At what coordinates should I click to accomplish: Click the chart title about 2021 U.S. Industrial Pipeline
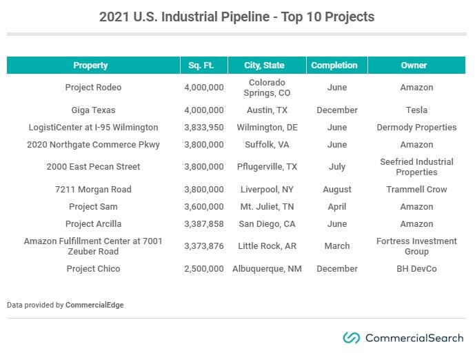point(236,17)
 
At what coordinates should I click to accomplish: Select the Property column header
point(90,66)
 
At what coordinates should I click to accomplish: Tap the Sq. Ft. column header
point(201,66)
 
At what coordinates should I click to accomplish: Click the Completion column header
point(334,66)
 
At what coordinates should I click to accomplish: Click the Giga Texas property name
point(93,110)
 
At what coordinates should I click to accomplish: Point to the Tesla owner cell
point(416,110)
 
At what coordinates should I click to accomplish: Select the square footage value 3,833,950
point(204,128)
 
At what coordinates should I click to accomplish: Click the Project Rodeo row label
point(93,88)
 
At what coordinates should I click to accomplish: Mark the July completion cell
point(336,167)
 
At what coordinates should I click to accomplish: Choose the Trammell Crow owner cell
point(416,190)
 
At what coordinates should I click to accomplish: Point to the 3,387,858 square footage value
point(204,224)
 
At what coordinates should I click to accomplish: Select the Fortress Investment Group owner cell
point(416,246)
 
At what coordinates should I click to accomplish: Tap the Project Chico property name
point(93,269)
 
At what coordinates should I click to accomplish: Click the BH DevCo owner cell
point(416,269)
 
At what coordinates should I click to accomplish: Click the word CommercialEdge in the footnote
point(95,304)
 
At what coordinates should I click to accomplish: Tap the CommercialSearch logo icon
point(352,338)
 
